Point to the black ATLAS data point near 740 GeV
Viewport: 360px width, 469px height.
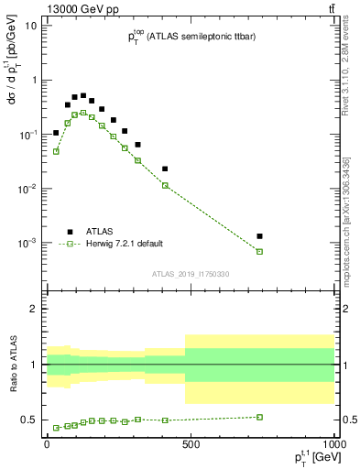click(260, 236)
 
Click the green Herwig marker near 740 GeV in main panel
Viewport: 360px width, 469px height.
click(260, 251)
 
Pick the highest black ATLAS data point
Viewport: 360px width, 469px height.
click(83, 95)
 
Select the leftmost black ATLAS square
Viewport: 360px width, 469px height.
click(56, 133)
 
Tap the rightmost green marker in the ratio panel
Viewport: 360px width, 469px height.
click(260, 417)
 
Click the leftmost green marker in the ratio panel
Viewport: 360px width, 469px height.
click(56, 428)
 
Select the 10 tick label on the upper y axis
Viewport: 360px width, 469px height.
click(30, 26)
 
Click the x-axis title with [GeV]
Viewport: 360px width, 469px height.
click(311, 461)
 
